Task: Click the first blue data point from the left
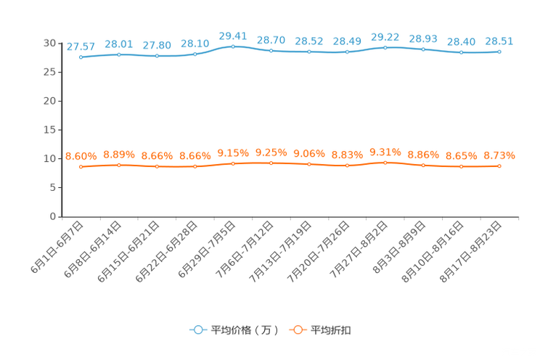coord(81,57)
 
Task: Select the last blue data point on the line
coord(499,52)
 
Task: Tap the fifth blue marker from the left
coord(233,46)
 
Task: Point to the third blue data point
coord(157,56)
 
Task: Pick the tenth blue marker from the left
coord(423,49)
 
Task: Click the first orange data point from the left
coord(81,166)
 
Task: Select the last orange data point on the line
coord(499,165)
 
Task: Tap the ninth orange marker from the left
coord(385,162)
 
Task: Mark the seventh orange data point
coord(309,164)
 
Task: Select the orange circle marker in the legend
coord(297,330)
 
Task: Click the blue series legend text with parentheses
coord(245,330)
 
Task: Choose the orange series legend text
coord(332,330)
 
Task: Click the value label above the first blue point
coord(81,46)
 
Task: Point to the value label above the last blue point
coord(499,41)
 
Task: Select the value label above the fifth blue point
coord(233,35)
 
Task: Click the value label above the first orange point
coord(81,156)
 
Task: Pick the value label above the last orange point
coord(499,155)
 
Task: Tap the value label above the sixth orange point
coord(271,152)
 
